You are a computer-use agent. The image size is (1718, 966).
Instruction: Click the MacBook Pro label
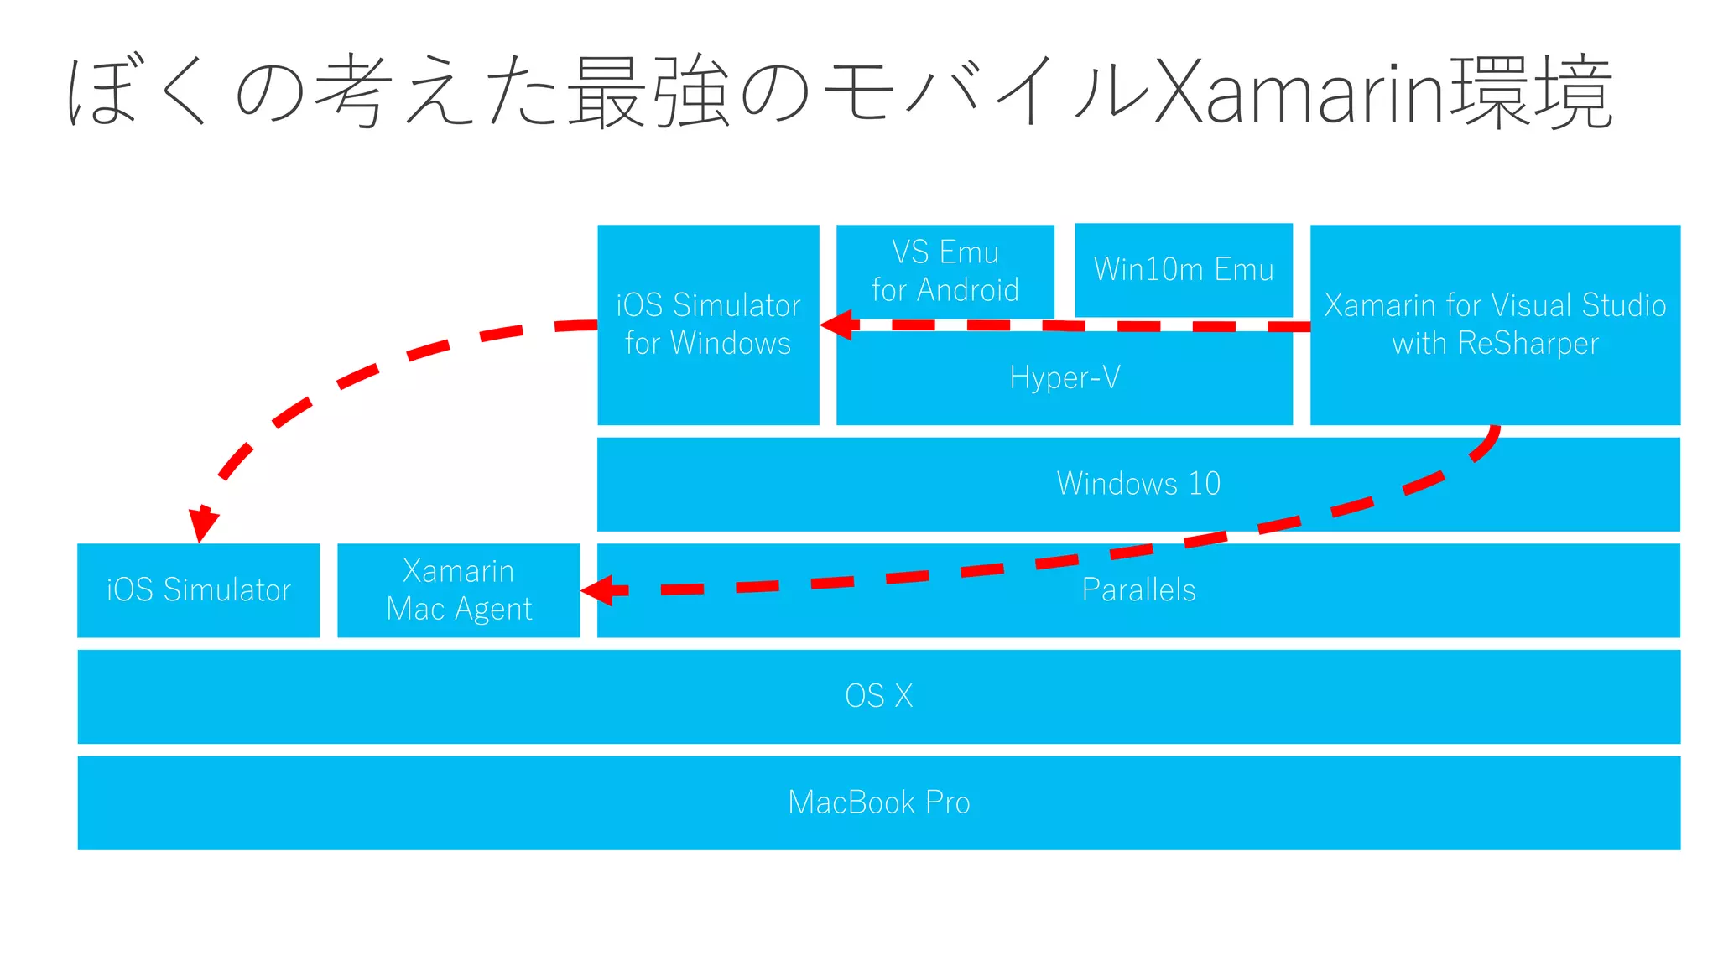878,802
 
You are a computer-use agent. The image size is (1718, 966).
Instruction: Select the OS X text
878,696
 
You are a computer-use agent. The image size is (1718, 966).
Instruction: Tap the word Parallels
1138,589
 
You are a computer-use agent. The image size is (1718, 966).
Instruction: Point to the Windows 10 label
1138,484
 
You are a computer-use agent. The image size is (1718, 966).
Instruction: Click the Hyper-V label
1065,378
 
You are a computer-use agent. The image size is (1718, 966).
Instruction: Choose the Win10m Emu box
1183,269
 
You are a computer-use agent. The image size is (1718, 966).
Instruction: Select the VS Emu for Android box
945,271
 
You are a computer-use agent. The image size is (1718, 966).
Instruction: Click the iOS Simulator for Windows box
708,324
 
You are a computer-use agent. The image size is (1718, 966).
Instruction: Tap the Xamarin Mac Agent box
458,589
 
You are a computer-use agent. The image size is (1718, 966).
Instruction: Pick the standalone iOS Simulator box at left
198,589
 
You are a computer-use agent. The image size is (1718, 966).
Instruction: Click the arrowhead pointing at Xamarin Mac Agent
597,590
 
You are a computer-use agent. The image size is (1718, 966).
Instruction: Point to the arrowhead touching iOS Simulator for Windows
837,325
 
